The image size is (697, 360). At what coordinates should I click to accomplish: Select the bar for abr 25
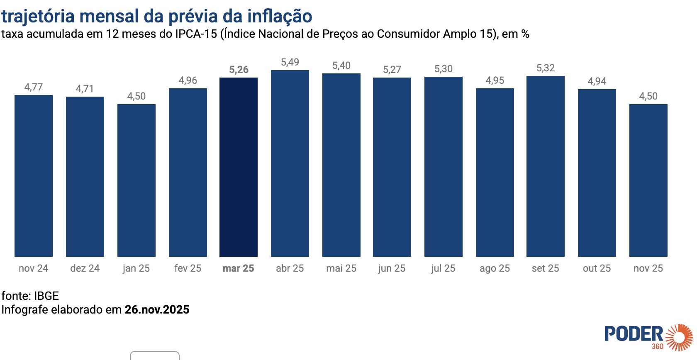pyautogui.click(x=290, y=163)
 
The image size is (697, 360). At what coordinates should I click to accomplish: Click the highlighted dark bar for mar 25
pyautogui.click(x=239, y=167)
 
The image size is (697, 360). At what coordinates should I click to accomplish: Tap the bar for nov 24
pyautogui.click(x=34, y=176)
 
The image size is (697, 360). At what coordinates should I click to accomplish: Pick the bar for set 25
pyautogui.click(x=545, y=166)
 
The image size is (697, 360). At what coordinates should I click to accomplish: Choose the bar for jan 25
pyautogui.click(x=136, y=180)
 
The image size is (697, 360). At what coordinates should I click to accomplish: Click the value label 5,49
pyautogui.click(x=290, y=62)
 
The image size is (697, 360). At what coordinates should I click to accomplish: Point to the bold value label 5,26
pyautogui.click(x=239, y=70)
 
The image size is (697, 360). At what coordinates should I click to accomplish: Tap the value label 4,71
pyautogui.click(x=85, y=89)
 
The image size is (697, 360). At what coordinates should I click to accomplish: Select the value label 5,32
pyautogui.click(x=545, y=68)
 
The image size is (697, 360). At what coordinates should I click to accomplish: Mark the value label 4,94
pyautogui.click(x=597, y=81)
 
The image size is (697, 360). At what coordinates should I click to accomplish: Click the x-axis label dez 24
pyautogui.click(x=85, y=268)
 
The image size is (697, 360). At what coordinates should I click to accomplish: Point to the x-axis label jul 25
pyautogui.click(x=443, y=268)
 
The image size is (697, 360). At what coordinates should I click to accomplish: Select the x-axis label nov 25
pyautogui.click(x=648, y=268)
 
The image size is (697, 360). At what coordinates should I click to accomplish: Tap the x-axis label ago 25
pyautogui.click(x=495, y=268)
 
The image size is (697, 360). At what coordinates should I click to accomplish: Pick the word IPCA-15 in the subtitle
pyautogui.click(x=196, y=34)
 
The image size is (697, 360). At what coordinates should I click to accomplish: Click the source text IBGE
pyautogui.click(x=46, y=296)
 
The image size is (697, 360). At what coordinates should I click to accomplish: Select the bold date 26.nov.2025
pyautogui.click(x=157, y=309)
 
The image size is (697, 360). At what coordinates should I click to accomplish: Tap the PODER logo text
pyautogui.click(x=634, y=334)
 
